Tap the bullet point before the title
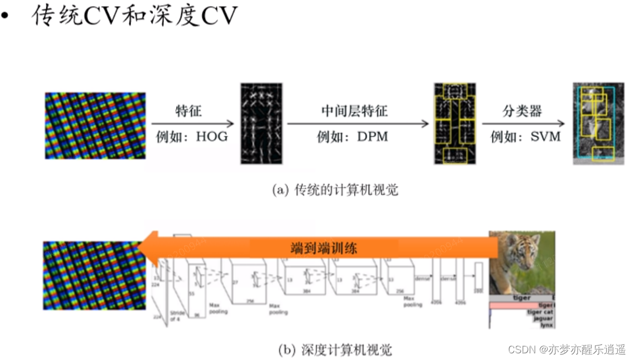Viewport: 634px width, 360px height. tap(6, 17)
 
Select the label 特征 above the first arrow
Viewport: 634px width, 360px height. tap(188, 111)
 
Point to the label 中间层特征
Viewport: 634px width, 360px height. tap(354, 111)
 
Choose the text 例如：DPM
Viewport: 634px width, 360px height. tap(352, 137)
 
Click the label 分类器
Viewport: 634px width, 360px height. tap(522, 111)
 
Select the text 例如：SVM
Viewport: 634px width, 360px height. tap(525, 137)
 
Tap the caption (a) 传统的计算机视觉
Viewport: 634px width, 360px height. tap(335, 190)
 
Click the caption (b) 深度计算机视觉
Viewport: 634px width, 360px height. tap(335, 350)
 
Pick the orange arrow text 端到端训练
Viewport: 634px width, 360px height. tap(324, 247)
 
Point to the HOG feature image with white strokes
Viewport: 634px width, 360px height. tap(262, 123)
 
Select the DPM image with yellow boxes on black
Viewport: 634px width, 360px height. tap(454, 123)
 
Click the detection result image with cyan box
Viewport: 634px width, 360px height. tap(594, 123)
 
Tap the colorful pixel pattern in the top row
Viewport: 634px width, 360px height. tap(95, 125)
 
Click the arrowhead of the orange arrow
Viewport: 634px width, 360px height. tap(146, 247)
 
